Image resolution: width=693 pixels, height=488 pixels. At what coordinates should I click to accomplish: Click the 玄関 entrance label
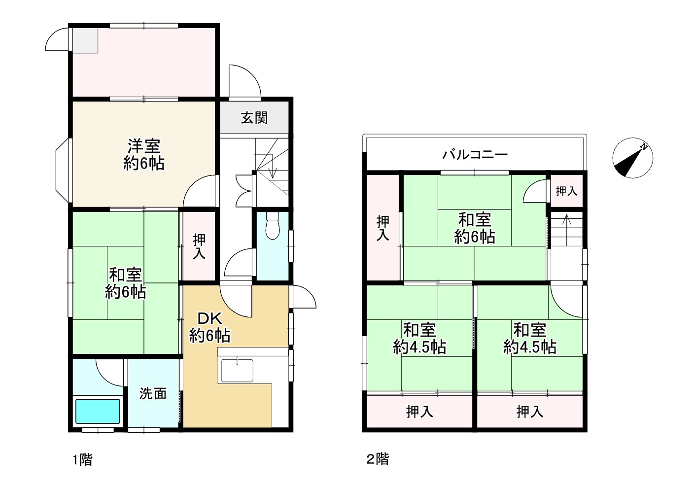pos(254,118)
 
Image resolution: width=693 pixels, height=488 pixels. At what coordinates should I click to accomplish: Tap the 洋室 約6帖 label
pos(144,154)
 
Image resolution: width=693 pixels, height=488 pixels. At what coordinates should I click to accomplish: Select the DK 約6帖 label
pos(210,327)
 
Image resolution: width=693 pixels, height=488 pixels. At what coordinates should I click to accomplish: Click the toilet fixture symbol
pos(272,226)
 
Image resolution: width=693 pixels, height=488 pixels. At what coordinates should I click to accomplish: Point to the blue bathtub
pos(98,411)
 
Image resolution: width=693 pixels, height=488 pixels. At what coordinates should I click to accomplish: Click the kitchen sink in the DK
pos(237,370)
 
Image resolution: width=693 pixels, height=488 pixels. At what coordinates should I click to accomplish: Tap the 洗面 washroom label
pos(153,393)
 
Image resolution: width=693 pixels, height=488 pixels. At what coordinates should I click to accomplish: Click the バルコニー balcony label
pos(474,154)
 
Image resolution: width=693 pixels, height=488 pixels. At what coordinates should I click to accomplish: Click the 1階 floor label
pos(82,460)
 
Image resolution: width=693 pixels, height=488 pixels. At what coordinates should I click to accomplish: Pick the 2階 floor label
pos(378,459)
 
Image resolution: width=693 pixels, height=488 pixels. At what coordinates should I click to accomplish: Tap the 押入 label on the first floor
pos(199,247)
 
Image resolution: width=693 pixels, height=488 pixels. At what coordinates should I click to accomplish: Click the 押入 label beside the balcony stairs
pos(566,191)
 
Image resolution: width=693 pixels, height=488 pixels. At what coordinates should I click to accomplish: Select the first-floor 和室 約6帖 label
pos(125,283)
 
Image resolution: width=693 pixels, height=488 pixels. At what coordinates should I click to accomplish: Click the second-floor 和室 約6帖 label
pos(474,228)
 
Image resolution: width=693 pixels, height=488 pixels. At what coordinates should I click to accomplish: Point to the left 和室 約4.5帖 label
pos(419,339)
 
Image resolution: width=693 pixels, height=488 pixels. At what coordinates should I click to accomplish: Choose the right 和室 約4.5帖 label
pos(529,339)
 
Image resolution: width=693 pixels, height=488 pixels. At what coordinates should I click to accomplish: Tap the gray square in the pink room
pos(86,40)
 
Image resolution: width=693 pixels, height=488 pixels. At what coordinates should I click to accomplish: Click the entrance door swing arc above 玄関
pos(245,79)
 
